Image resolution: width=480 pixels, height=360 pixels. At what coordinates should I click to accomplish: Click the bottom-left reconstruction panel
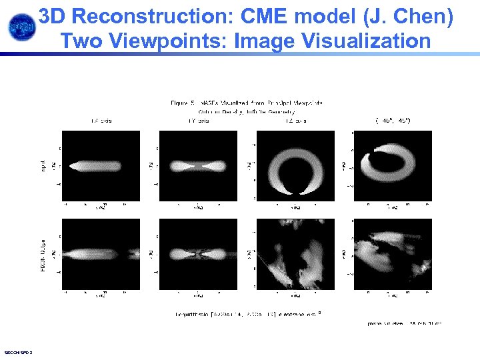click(x=102, y=254)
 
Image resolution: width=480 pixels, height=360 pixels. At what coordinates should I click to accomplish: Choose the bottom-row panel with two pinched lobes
click(x=199, y=254)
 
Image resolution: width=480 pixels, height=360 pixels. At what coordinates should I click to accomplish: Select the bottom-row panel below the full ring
click(x=295, y=254)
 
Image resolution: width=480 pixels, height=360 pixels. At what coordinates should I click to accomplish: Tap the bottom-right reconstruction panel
click(x=393, y=254)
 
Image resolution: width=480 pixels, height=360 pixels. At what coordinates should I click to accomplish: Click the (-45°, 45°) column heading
click(x=393, y=121)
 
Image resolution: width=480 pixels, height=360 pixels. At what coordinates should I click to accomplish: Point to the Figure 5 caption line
click(x=247, y=103)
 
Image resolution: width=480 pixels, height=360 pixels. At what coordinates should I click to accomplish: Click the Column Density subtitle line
click(x=247, y=111)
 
